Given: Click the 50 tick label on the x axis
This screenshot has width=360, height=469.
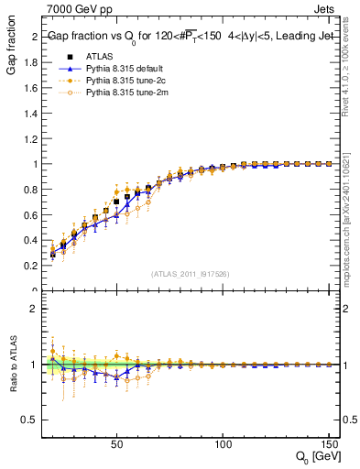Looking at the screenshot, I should point(116,445).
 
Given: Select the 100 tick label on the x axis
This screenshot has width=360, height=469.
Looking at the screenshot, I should point(223,445).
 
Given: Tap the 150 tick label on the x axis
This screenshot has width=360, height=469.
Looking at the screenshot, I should point(329,445).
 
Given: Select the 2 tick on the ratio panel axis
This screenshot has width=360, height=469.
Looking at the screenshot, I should point(36,309).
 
